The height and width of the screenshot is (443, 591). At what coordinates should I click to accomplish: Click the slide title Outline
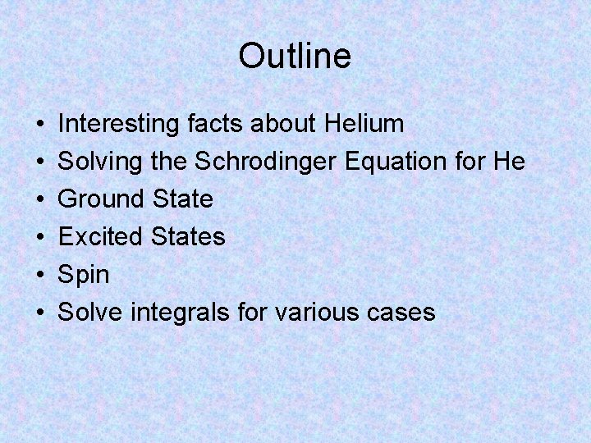(295, 57)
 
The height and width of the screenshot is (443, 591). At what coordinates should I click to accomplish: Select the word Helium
(364, 124)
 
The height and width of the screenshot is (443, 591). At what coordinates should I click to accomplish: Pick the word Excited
(100, 237)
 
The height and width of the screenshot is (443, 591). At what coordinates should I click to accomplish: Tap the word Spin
(84, 275)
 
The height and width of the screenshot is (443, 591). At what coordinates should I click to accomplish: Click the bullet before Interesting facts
(40, 125)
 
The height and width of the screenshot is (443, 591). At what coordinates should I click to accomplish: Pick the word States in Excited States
(188, 237)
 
